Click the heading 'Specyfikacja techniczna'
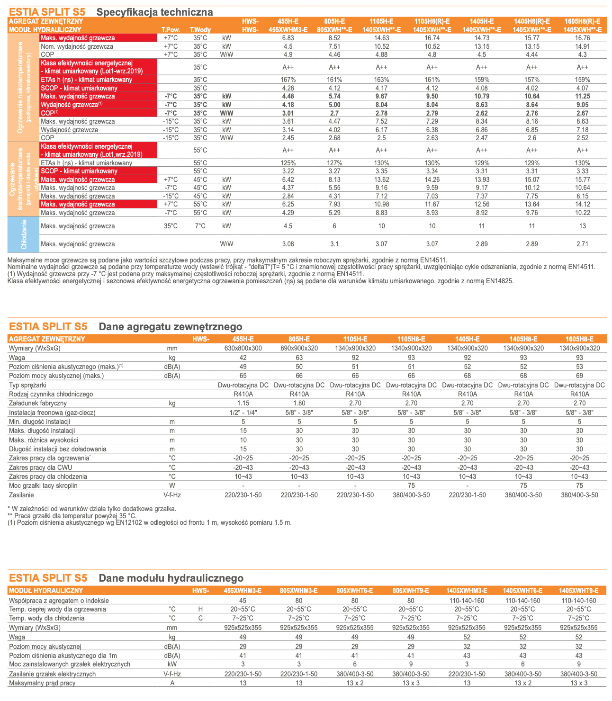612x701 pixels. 154,12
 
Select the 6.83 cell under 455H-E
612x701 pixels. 288,38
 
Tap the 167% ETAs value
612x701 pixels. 288,80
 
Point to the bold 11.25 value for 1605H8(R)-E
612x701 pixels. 582,96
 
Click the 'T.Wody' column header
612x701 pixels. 200,29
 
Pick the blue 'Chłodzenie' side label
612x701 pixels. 24,234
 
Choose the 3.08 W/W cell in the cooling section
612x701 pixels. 288,244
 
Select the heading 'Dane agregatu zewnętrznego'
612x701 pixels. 170,326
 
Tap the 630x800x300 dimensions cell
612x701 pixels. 243,348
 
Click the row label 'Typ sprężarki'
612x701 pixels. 27,385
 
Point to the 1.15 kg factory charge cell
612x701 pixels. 243,403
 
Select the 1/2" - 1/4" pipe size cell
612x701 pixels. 243,413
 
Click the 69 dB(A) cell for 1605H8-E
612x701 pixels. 579,376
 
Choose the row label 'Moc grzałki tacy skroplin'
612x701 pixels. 43,485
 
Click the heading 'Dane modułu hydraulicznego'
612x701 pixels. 171,578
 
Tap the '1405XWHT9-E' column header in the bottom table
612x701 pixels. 579,591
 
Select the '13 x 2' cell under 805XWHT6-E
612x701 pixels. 355,683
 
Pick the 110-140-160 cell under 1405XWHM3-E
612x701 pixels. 467,600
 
